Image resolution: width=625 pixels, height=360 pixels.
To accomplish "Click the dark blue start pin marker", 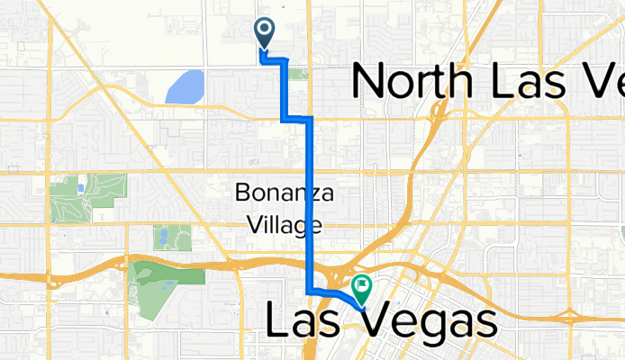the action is (x=265, y=31).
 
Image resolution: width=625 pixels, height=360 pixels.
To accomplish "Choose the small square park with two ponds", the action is (x=167, y=238).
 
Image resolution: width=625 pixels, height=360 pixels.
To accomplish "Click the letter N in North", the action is (x=369, y=82).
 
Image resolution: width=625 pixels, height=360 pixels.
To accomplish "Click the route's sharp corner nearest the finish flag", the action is (x=311, y=292).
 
